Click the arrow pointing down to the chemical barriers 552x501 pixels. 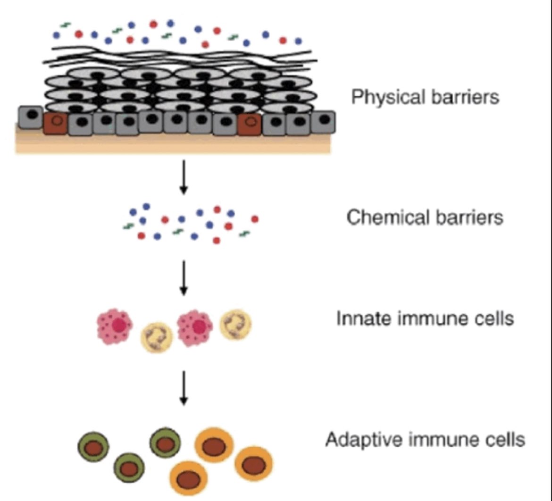(x=184, y=177)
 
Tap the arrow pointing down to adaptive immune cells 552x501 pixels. (x=184, y=388)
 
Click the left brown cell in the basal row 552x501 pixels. (x=55, y=123)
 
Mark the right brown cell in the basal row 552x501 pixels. (x=250, y=123)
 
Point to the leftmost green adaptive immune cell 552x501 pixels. (x=94, y=446)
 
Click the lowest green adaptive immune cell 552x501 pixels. (x=128, y=468)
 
